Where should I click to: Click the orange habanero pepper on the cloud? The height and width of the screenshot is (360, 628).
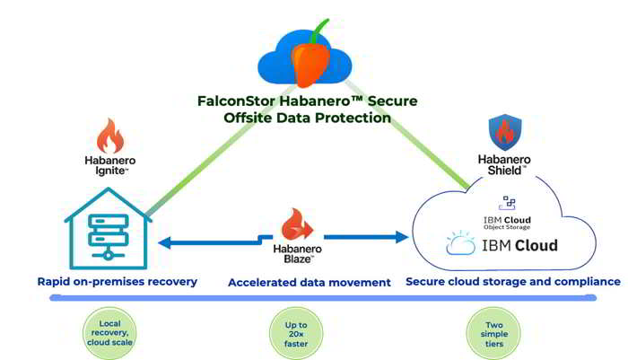coord(310,65)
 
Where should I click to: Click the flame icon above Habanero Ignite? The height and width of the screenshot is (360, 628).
coord(110,136)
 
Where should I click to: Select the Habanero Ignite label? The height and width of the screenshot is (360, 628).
coord(110,165)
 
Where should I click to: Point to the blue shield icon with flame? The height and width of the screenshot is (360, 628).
coord(505,132)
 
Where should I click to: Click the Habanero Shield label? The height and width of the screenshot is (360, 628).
coord(504,165)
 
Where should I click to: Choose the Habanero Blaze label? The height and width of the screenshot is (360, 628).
coord(297,254)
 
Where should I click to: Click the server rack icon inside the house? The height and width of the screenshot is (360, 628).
coord(109,237)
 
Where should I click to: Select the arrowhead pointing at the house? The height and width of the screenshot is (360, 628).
coord(164,242)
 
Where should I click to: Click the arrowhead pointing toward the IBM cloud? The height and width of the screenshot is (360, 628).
coord(402,237)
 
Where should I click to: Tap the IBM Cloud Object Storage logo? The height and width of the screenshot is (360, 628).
coord(507,213)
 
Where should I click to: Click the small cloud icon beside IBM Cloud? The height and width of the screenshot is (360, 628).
coord(460,243)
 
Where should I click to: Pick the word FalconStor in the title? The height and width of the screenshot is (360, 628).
coord(236,101)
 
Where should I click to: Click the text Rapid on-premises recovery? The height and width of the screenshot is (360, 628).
coord(117,281)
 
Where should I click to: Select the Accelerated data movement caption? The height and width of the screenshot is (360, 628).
coord(310,283)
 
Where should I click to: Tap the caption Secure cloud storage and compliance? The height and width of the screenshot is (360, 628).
coord(513,281)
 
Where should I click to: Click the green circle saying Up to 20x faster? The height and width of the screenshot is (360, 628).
coord(296,334)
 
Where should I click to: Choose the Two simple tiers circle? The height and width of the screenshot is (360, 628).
coord(493,334)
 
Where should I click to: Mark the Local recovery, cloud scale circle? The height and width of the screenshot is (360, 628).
coord(109,333)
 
